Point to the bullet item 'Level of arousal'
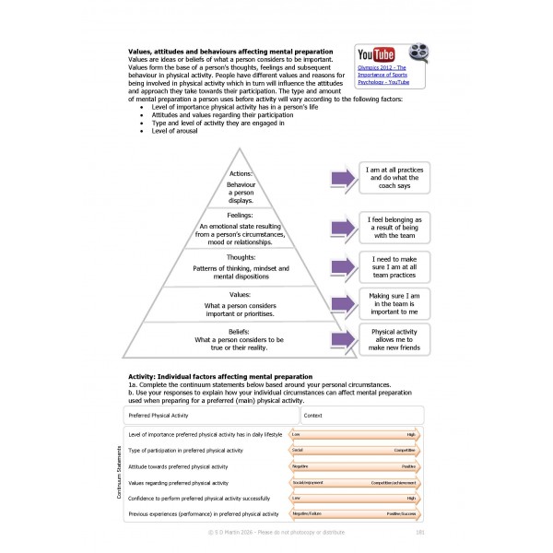coord(174,130)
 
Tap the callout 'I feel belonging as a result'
coord(395,227)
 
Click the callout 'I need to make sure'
coord(395,267)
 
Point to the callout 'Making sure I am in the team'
coord(395,302)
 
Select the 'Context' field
coord(360,416)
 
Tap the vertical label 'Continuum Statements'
coord(119,473)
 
